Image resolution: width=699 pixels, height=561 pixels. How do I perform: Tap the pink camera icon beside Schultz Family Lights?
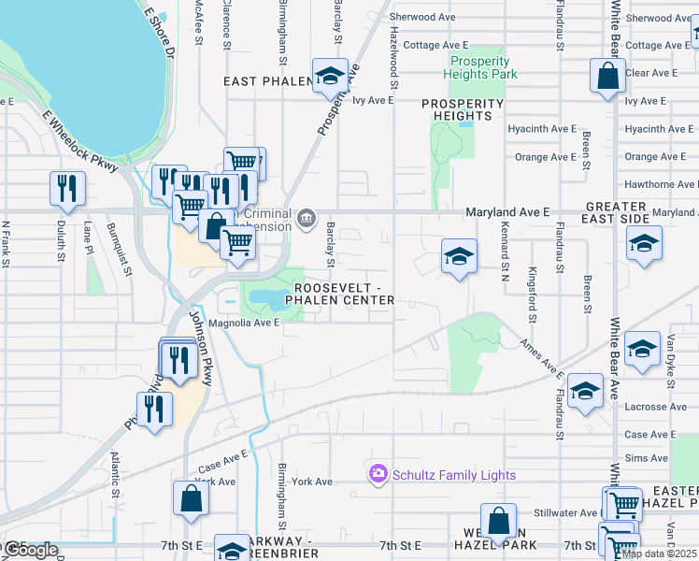pyautogui.click(x=378, y=475)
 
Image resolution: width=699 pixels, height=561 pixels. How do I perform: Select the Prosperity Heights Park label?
pyautogui.click(x=478, y=67)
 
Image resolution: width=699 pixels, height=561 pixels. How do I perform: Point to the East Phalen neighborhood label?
pyautogui.click(x=267, y=82)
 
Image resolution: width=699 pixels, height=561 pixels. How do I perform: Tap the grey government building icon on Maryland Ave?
pyautogui.click(x=306, y=219)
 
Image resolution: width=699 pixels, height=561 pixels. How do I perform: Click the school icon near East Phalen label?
pyautogui.click(x=329, y=77)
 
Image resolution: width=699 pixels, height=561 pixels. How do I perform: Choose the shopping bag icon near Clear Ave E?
pyautogui.click(x=607, y=77)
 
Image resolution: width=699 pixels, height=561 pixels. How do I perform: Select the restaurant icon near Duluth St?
pyautogui.click(x=67, y=188)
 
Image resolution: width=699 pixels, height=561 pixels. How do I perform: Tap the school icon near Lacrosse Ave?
pyautogui.click(x=585, y=389)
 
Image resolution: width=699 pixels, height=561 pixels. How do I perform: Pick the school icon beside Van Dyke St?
pyautogui.click(x=641, y=349)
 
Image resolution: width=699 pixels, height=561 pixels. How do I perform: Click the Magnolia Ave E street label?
pyautogui.click(x=244, y=323)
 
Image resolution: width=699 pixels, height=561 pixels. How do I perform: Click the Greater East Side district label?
pyautogui.click(x=617, y=212)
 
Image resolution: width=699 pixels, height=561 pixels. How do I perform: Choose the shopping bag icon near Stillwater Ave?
pyautogui.click(x=499, y=521)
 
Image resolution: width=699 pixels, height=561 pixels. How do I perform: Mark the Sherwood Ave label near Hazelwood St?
pyautogui.click(x=422, y=17)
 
